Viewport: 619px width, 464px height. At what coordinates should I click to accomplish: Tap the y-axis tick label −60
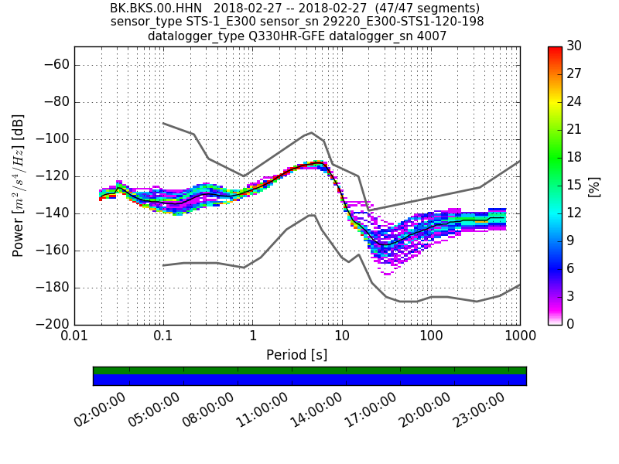click(55, 65)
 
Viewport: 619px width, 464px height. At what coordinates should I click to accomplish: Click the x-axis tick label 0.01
click(74, 338)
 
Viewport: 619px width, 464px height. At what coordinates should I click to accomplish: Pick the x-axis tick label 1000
click(520, 338)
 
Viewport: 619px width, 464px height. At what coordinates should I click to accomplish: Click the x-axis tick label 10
click(342, 338)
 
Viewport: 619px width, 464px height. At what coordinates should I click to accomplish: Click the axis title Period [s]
click(297, 355)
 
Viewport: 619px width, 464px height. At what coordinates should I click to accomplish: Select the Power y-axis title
click(19, 186)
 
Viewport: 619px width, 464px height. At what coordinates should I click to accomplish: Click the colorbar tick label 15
click(575, 186)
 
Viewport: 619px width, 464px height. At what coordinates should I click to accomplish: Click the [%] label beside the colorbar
click(594, 186)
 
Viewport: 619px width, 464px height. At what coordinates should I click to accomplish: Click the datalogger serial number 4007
click(433, 36)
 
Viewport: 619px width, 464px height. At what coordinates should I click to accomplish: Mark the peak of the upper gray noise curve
click(311, 132)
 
